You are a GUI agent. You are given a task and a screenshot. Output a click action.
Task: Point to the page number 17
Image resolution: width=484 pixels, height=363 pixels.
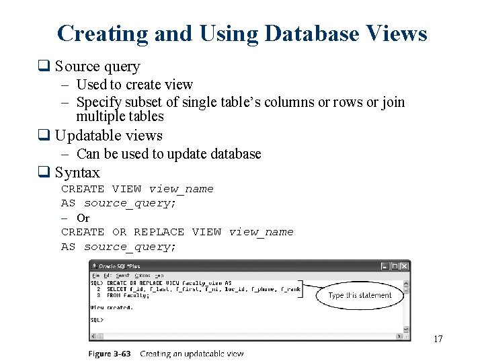click(438, 339)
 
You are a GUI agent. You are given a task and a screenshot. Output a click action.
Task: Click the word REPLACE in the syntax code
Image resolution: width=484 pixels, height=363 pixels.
click(159, 232)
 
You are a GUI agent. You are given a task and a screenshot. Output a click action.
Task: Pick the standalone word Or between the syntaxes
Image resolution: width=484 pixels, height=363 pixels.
click(83, 218)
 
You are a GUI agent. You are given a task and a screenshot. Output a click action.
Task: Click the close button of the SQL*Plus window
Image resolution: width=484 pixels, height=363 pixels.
click(405, 267)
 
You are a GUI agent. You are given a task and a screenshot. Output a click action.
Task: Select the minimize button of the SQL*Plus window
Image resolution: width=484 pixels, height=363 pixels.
click(385, 267)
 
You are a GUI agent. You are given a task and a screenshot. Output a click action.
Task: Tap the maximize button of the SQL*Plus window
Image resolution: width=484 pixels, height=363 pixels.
click(395, 267)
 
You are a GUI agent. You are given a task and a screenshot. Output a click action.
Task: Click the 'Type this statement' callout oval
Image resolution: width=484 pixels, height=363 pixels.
click(360, 295)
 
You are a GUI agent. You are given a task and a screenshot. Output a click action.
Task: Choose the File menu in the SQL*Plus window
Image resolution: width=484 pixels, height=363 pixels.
click(95, 276)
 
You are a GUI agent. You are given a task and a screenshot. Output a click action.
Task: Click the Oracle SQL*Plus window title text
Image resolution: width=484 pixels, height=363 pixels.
click(119, 267)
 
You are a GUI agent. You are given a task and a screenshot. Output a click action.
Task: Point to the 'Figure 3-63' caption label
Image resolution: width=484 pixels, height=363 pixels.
click(110, 354)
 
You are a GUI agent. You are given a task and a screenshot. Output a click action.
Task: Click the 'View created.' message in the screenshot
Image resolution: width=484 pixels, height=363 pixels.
click(112, 307)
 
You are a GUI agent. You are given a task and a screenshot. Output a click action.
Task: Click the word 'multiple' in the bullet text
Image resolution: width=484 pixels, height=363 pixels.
click(100, 116)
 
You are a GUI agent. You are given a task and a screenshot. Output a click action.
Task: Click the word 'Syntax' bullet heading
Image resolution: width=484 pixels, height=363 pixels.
click(77, 173)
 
